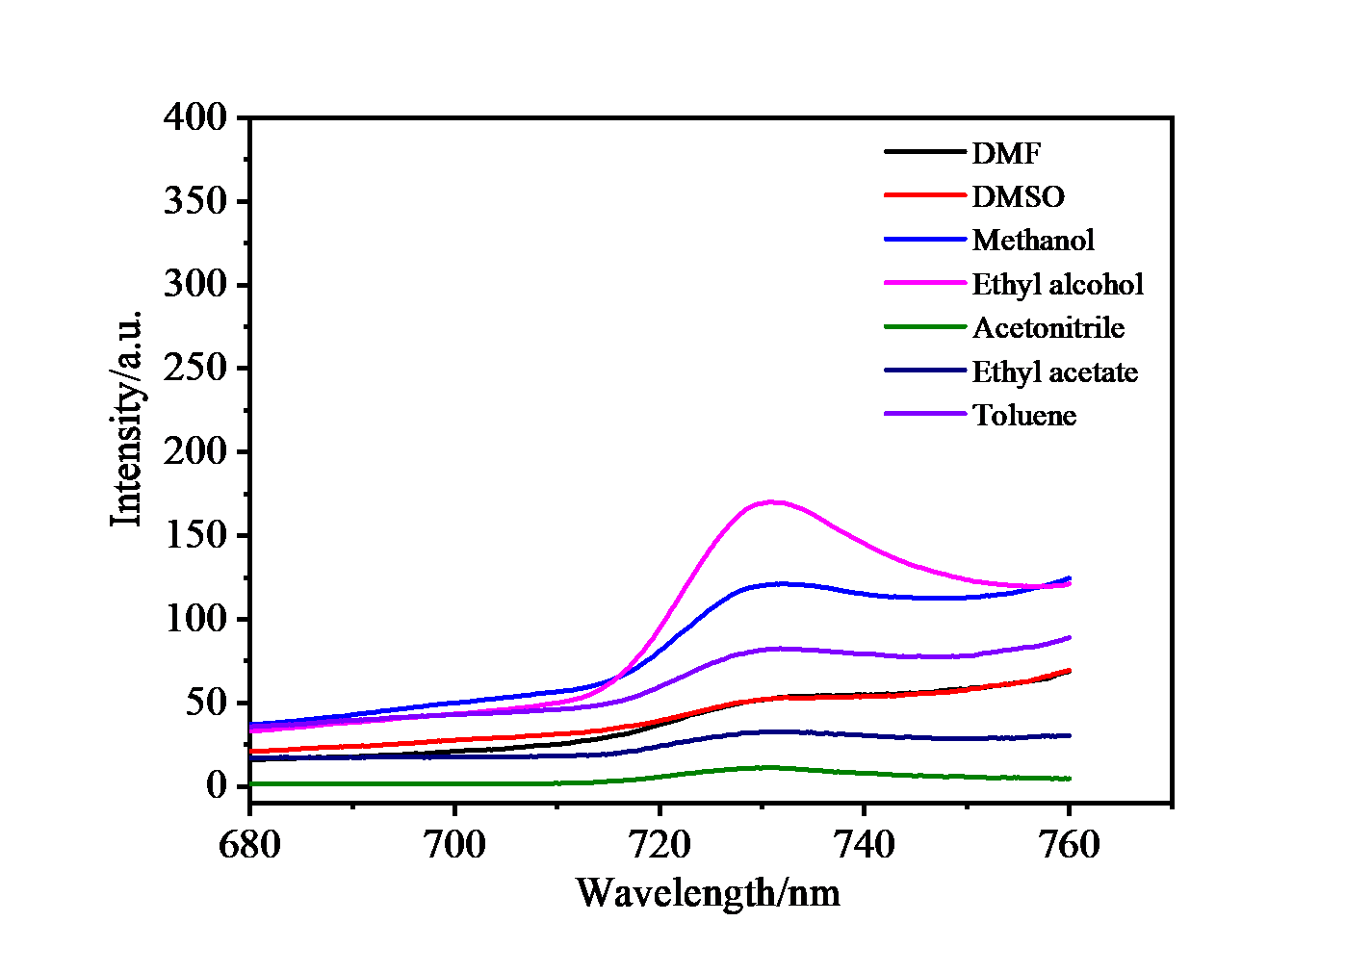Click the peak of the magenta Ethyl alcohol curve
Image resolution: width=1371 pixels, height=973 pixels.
(772, 501)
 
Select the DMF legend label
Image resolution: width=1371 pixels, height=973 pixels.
(1006, 153)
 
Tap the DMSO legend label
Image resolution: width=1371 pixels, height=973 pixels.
(1018, 196)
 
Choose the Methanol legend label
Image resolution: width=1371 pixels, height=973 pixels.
(1033, 240)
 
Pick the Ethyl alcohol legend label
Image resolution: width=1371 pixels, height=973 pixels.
(1057, 284)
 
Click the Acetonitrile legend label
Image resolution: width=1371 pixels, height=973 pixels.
(1048, 327)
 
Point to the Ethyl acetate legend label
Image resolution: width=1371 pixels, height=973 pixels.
(1054, 371)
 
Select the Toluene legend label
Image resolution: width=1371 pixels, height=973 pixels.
(1023, 415)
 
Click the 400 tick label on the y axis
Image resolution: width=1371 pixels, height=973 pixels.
(194, 117)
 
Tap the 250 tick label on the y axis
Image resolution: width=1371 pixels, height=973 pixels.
(194, 368)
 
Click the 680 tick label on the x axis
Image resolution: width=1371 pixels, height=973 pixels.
(249, 844)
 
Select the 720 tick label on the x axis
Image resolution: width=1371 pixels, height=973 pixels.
(660, 844)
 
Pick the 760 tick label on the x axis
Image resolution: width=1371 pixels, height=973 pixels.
(1069, 844)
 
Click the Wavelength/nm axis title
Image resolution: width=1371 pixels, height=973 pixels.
(708, 892)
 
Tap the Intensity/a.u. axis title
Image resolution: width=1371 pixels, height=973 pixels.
(127, 419)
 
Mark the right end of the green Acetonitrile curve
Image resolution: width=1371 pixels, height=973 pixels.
(1069, 779)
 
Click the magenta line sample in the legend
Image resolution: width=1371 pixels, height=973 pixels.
(924, 283)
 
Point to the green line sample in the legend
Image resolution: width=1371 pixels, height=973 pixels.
(924, 327)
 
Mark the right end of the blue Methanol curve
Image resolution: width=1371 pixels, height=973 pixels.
(1069, 578)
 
